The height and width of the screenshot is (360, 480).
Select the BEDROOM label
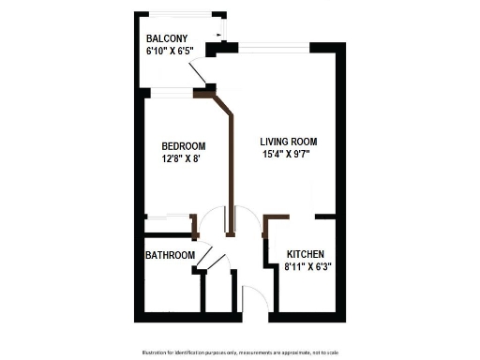click(x=183, y=146)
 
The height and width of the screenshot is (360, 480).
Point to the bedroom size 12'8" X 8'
click(x=181, y=158)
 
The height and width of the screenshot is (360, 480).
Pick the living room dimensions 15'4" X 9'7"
click(x=286, y=155)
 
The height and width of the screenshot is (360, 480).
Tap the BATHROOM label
click(x=170, y=255)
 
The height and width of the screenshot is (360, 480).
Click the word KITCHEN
click(x=306, y=254)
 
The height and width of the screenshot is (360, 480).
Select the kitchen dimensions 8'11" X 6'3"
click(x=308, y=266)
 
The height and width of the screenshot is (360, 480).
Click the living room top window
click(x=275, y=46)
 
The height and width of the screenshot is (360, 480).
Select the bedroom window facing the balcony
click(x=169, y=92)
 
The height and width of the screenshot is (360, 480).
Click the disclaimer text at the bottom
click(x=239, y=352)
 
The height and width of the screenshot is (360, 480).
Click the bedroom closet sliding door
click(x=169, y=219)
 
